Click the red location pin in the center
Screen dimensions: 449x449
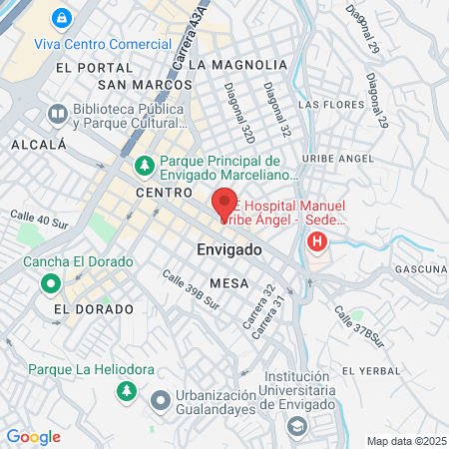coord(224,205)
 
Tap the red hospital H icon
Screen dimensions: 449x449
coord(317,241)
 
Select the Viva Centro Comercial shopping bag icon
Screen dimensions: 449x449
coord(62,18)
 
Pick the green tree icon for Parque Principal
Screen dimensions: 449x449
coord(144,164)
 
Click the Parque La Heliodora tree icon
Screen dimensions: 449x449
coord(127,391)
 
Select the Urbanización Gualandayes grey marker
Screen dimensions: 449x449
coord(160,401)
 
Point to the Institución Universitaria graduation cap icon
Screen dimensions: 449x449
coord(296,427)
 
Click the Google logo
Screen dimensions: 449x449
coord(33,437)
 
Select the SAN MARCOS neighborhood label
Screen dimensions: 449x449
coord(152,85)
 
